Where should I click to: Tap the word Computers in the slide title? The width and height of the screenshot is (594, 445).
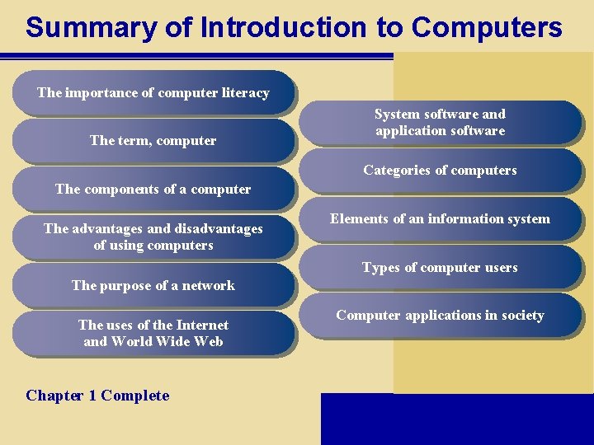(x=487, y=27)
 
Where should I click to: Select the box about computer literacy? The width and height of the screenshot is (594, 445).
(x=153, y=93)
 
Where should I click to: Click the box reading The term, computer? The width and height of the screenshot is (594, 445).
(x=153, y=141)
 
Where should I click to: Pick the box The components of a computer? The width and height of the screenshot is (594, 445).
(x=153, y=189)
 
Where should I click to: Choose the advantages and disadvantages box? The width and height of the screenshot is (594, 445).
(x=153, y=237)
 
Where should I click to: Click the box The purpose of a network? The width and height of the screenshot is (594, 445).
(x=153, y=285)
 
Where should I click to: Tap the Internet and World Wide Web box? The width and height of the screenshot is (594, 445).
(x=153, y=334)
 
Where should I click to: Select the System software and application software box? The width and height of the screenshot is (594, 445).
(x=440, y=123)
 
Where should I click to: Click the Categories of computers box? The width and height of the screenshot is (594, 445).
(x=440, y=171)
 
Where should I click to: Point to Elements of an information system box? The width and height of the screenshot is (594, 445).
(x=440, y=219)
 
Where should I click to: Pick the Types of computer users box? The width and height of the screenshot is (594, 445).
(x=440, y=267)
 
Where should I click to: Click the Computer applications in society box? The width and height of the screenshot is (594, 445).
(x=440, y=316)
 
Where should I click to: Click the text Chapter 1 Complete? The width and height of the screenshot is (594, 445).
(x=97, y=396)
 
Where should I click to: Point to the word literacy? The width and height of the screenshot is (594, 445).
(x=246, y=93)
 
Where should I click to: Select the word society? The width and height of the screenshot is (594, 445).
(x=521, y=316)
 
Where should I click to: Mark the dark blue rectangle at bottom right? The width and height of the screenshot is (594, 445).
(x=456, y=419)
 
